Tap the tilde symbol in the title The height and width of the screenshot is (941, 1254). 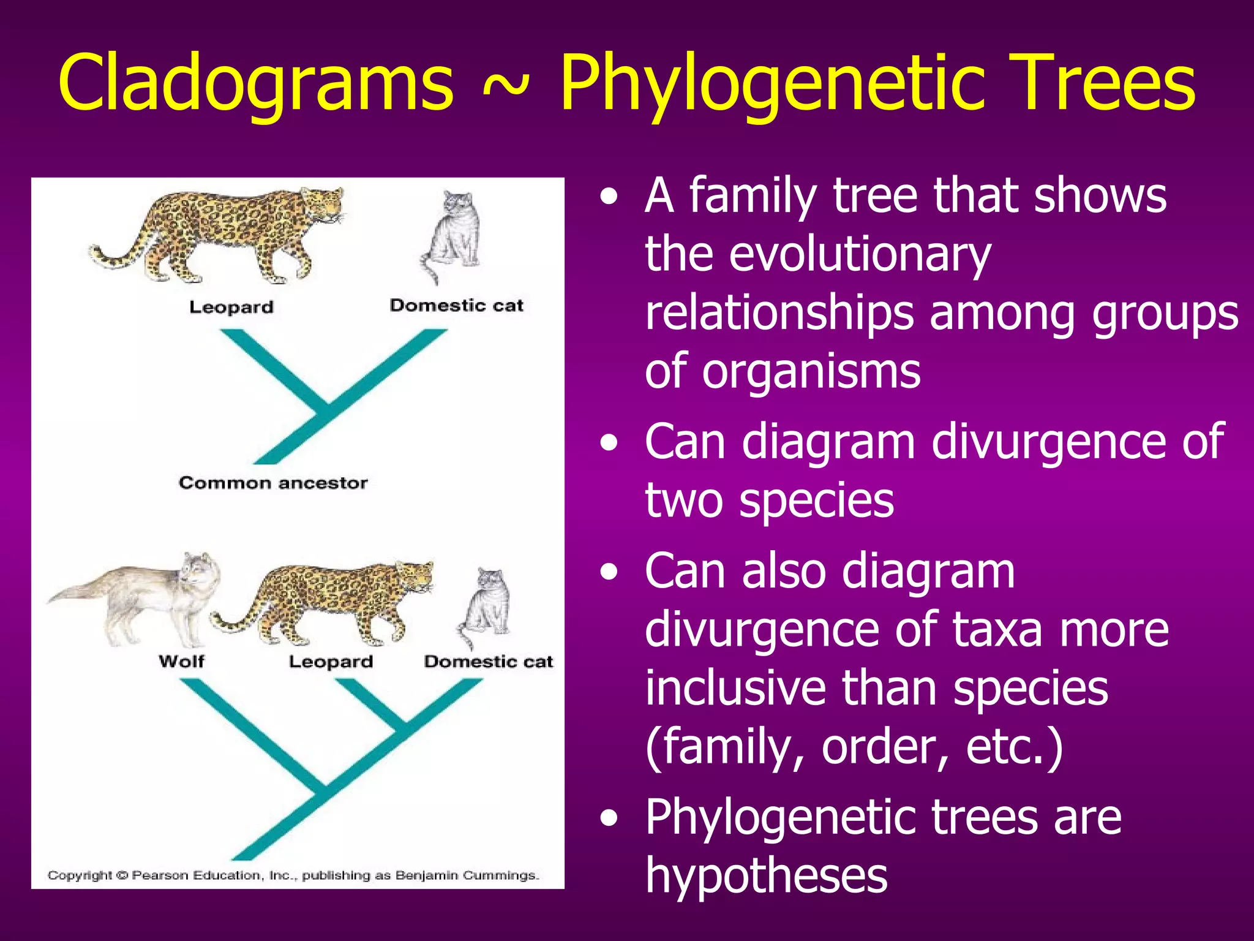[x=505, y=86]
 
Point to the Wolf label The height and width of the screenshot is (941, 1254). [x=181, y=661]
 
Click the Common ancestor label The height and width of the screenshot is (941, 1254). [x=273, y=483]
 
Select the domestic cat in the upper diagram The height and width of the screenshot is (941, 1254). [x=450, y=236]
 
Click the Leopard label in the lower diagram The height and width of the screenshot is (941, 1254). [x=331, y=662]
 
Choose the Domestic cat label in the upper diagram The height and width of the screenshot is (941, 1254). [x=456, y=305]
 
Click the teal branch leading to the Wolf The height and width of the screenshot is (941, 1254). [x=245, y=729]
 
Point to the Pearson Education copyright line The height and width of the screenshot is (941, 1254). [x=293, y=875]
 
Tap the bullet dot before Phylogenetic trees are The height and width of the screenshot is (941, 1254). [x=609, y=818]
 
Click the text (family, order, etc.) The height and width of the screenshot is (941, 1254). [x=854, y=746]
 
